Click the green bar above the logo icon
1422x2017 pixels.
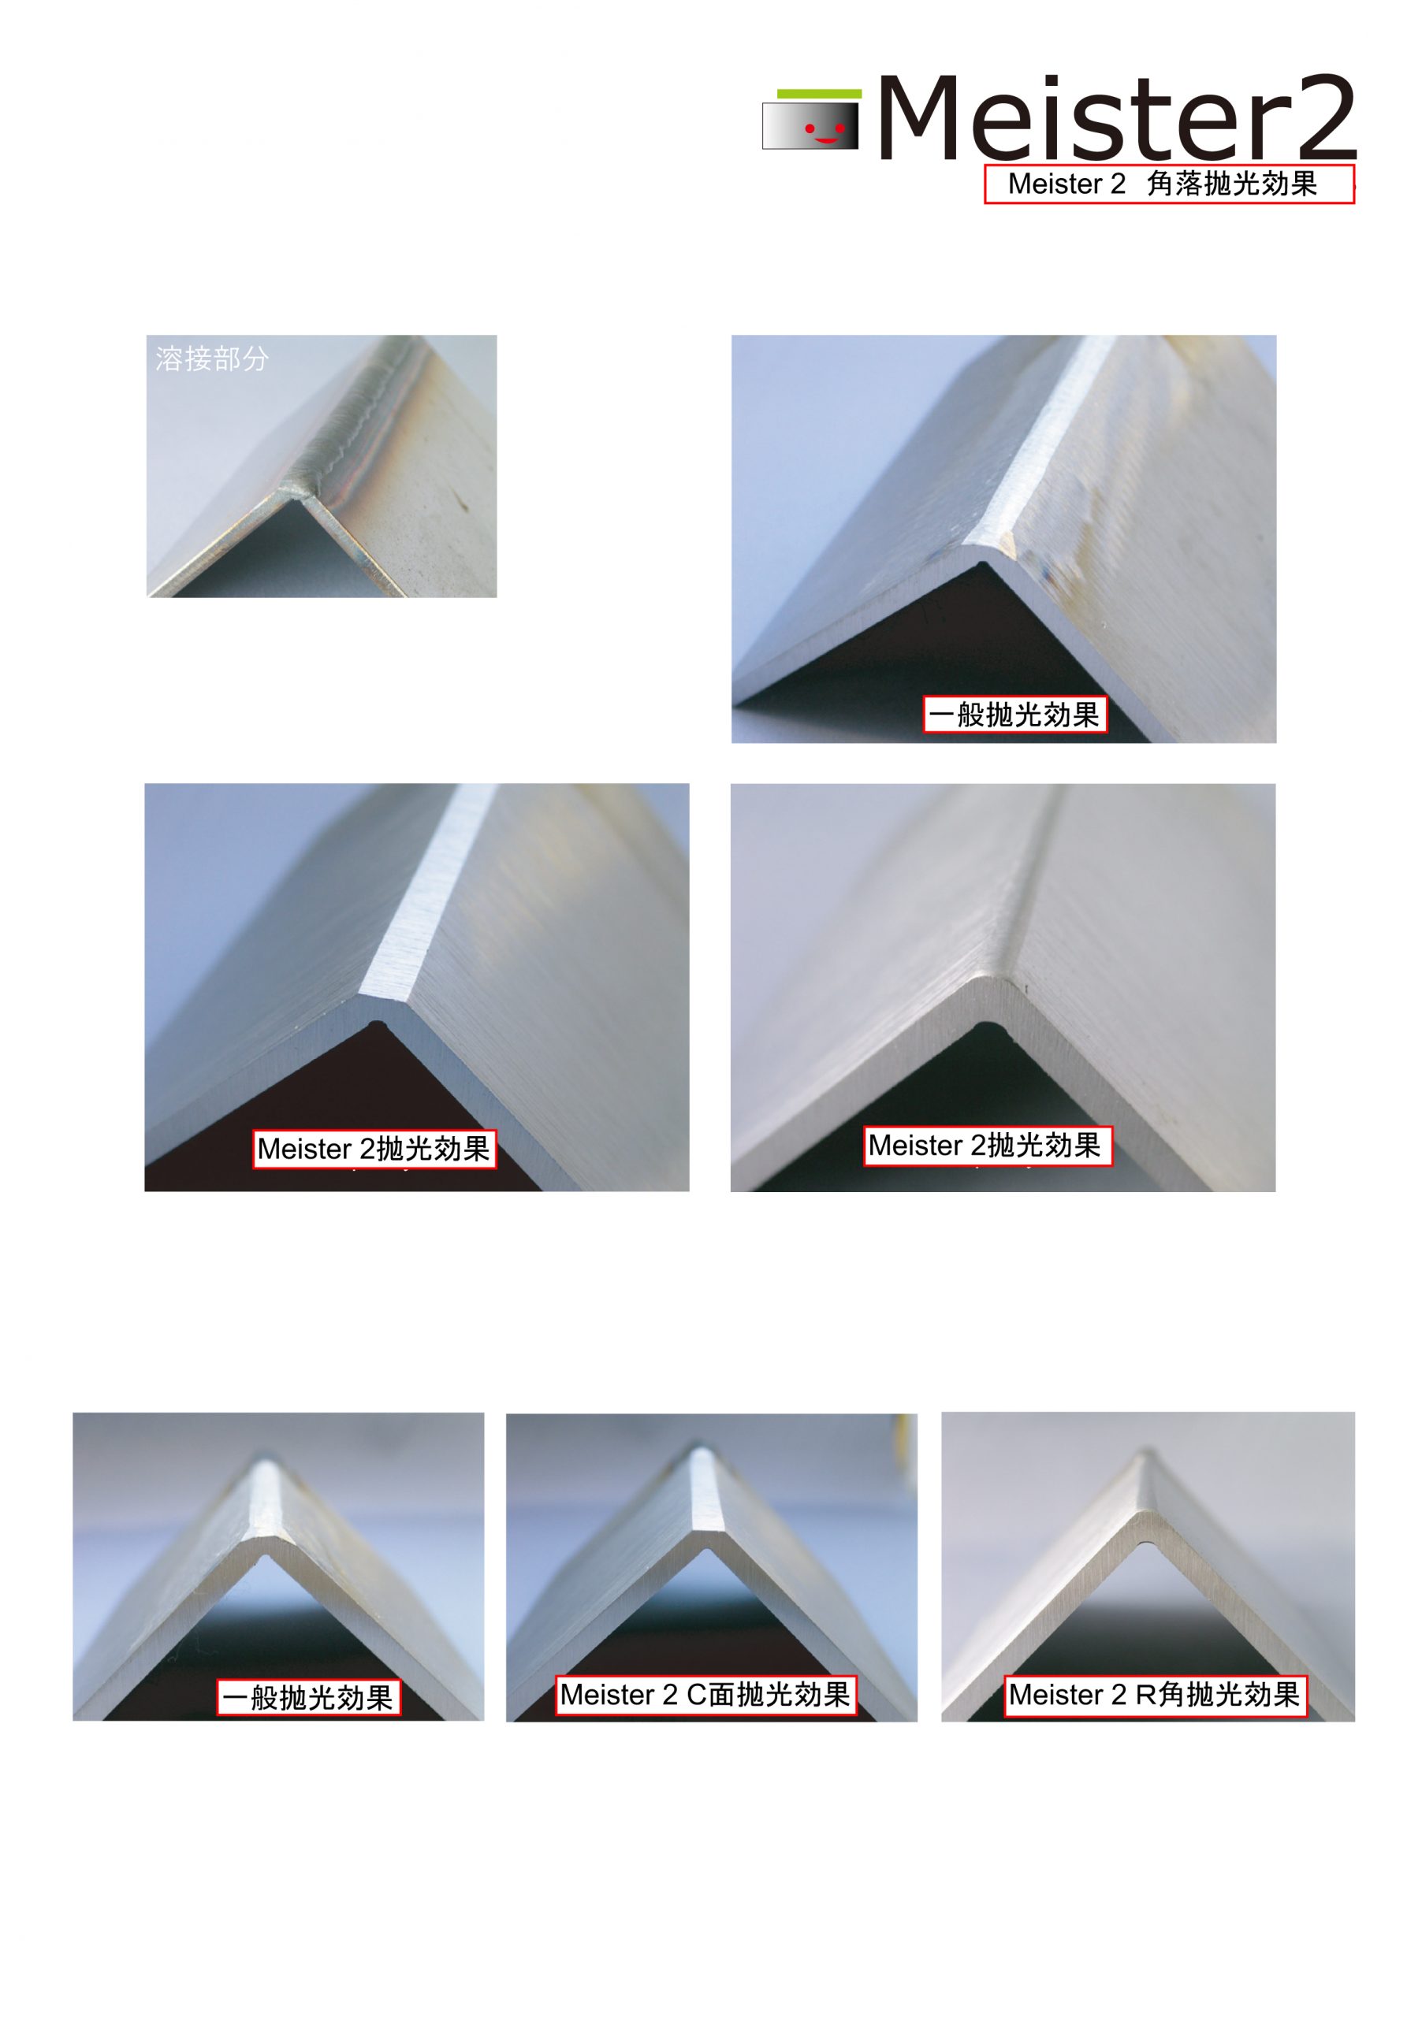(819, 93)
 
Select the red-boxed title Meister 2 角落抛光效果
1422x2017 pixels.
(1169, 184)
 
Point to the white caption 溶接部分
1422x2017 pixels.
(212, 358)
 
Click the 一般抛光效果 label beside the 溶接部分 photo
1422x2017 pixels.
(1014, 714)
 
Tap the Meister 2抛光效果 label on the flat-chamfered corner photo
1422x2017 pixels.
(374, 1148)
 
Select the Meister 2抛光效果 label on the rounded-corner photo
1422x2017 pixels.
(987, 1146)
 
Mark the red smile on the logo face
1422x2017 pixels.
(826, 139)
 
